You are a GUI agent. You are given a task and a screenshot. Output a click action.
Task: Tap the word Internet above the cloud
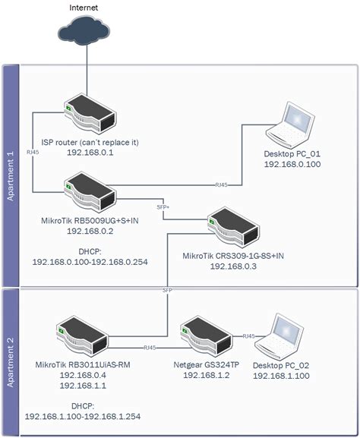coord(83,7)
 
